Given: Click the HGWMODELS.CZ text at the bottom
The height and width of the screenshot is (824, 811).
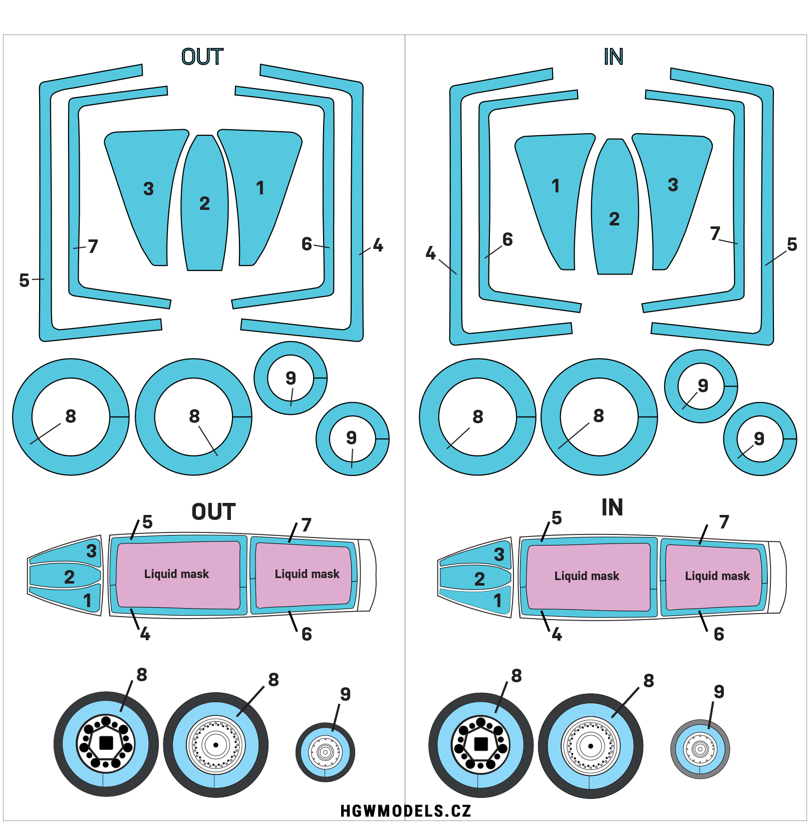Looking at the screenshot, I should pos(405,810).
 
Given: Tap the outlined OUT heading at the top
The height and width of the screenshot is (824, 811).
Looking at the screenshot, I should pos(202,57).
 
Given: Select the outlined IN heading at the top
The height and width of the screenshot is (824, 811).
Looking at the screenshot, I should pos(613,57).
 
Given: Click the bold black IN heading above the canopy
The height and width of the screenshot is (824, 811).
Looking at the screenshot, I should pos(612,507).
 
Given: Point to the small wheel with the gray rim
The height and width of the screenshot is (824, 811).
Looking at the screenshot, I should pos(700,749).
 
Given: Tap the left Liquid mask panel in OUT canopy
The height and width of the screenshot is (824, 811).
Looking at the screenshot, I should pos(177,574).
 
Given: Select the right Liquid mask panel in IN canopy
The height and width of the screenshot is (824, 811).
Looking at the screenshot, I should pos(717,576).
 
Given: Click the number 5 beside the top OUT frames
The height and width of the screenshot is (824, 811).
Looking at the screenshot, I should pos(24,281).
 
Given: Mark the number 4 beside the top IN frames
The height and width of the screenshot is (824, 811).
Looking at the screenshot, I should pos(430,253).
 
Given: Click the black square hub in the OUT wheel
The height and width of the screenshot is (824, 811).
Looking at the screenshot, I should pos(106,743).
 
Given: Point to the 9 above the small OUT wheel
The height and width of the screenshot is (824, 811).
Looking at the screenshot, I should pos(345,694).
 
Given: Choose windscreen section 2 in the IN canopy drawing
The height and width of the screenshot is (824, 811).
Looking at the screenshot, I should pos(479,579).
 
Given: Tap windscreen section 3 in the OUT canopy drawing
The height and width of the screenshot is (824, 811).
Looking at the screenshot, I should pos(91,551).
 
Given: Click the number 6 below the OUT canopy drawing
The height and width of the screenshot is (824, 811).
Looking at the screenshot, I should pos(307,635).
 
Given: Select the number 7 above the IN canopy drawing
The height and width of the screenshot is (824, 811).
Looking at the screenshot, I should pos(724,522).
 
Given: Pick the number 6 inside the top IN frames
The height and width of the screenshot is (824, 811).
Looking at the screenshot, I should pos(507,239).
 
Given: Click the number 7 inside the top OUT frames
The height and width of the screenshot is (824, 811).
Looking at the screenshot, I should pos(93,246).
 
